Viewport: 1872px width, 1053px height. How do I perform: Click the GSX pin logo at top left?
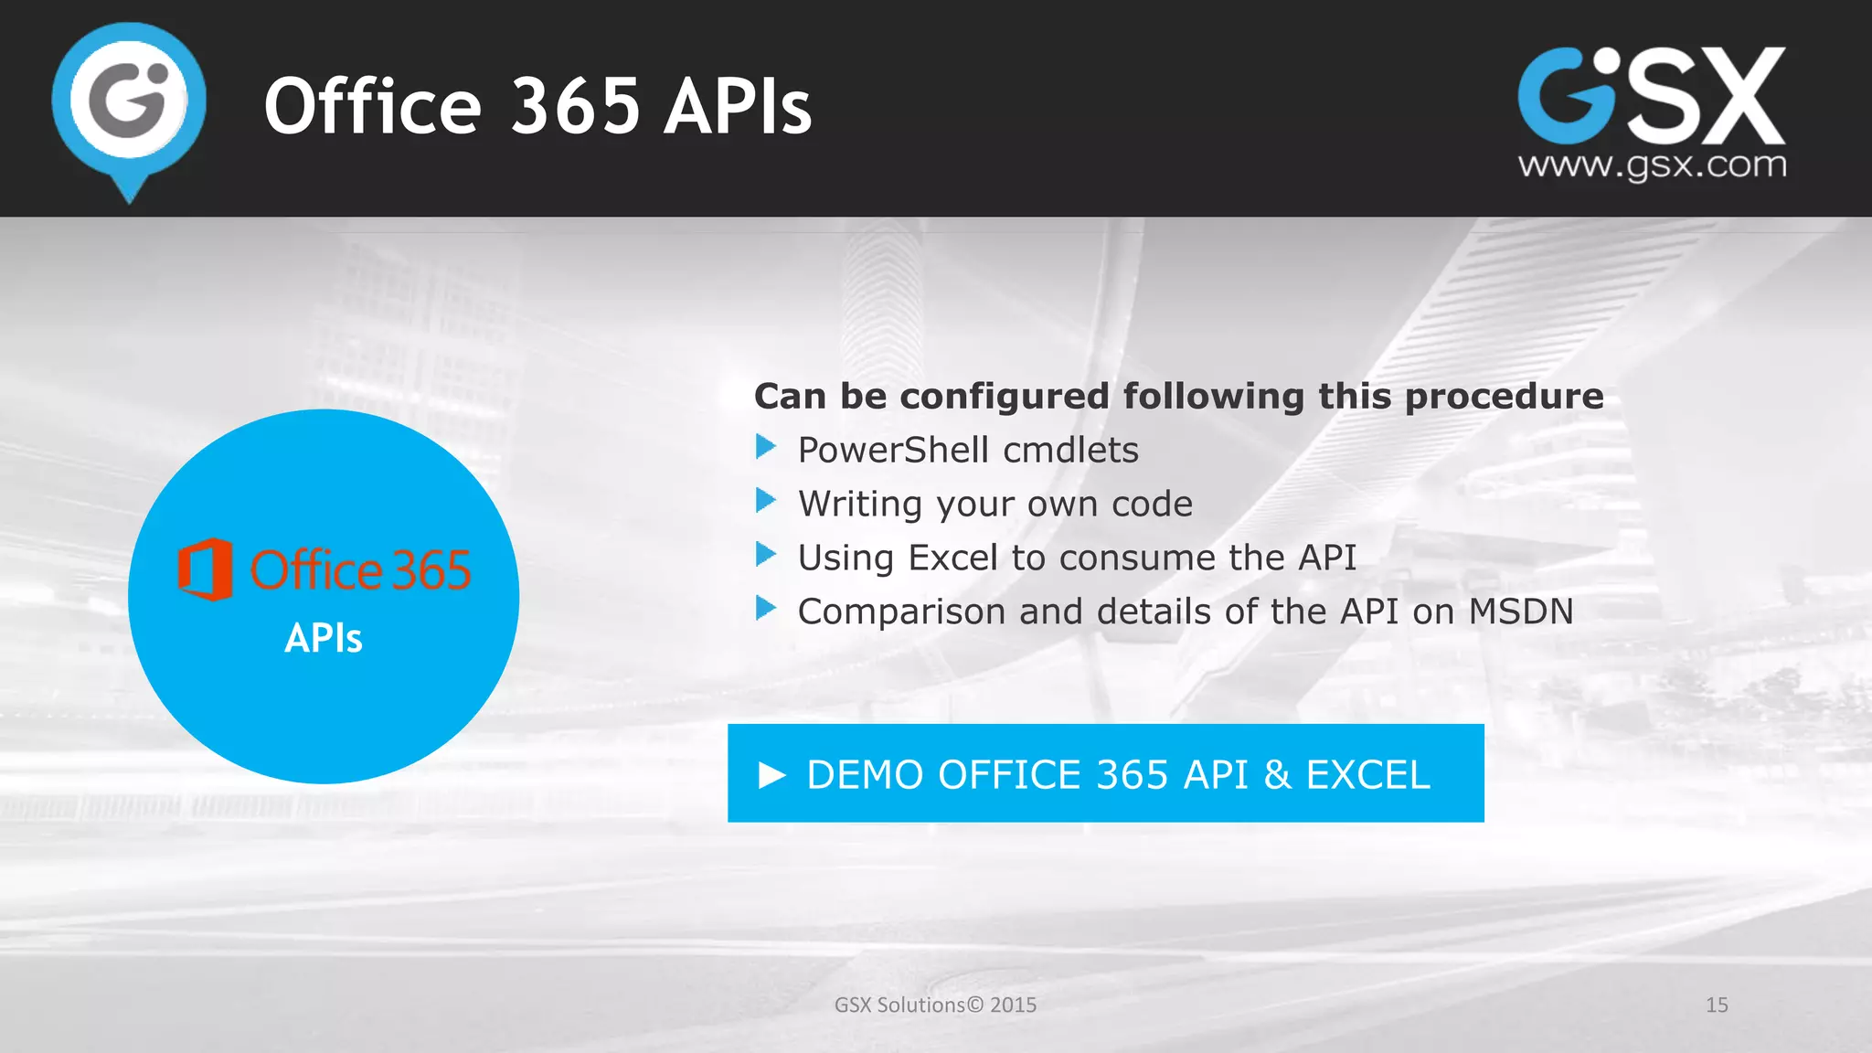(x=129, y=105)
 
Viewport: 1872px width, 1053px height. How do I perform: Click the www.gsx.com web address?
(x=1652, y=165)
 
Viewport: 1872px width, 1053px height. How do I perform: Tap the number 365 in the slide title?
(x=576, y=106)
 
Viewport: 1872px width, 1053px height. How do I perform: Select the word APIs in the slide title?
(x=738, y=106)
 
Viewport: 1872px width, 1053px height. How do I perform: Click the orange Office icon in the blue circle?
(x=205, y=569)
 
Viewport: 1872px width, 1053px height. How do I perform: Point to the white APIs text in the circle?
(x=324, y=638)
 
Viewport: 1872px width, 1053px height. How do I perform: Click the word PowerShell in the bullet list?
(x=893, y=451)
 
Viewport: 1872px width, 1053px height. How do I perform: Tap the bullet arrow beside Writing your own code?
(x=766, y=501)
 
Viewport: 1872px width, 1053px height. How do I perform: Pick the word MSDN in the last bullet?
(x=1520, y=612)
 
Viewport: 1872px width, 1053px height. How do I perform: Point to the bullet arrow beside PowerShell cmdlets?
(x=766, y=447)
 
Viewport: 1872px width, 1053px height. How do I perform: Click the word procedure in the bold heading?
(x=1504, y=397)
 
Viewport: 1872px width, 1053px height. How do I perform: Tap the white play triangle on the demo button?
(x=772, y=775)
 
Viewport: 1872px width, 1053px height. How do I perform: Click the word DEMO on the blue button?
(x=865, y=775)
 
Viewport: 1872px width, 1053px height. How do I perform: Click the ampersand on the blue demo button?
(x=1277, y=775)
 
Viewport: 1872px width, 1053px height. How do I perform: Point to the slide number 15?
(x=1717, y=1005)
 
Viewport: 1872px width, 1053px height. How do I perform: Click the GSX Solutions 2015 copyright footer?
(x=935, y=1005)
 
